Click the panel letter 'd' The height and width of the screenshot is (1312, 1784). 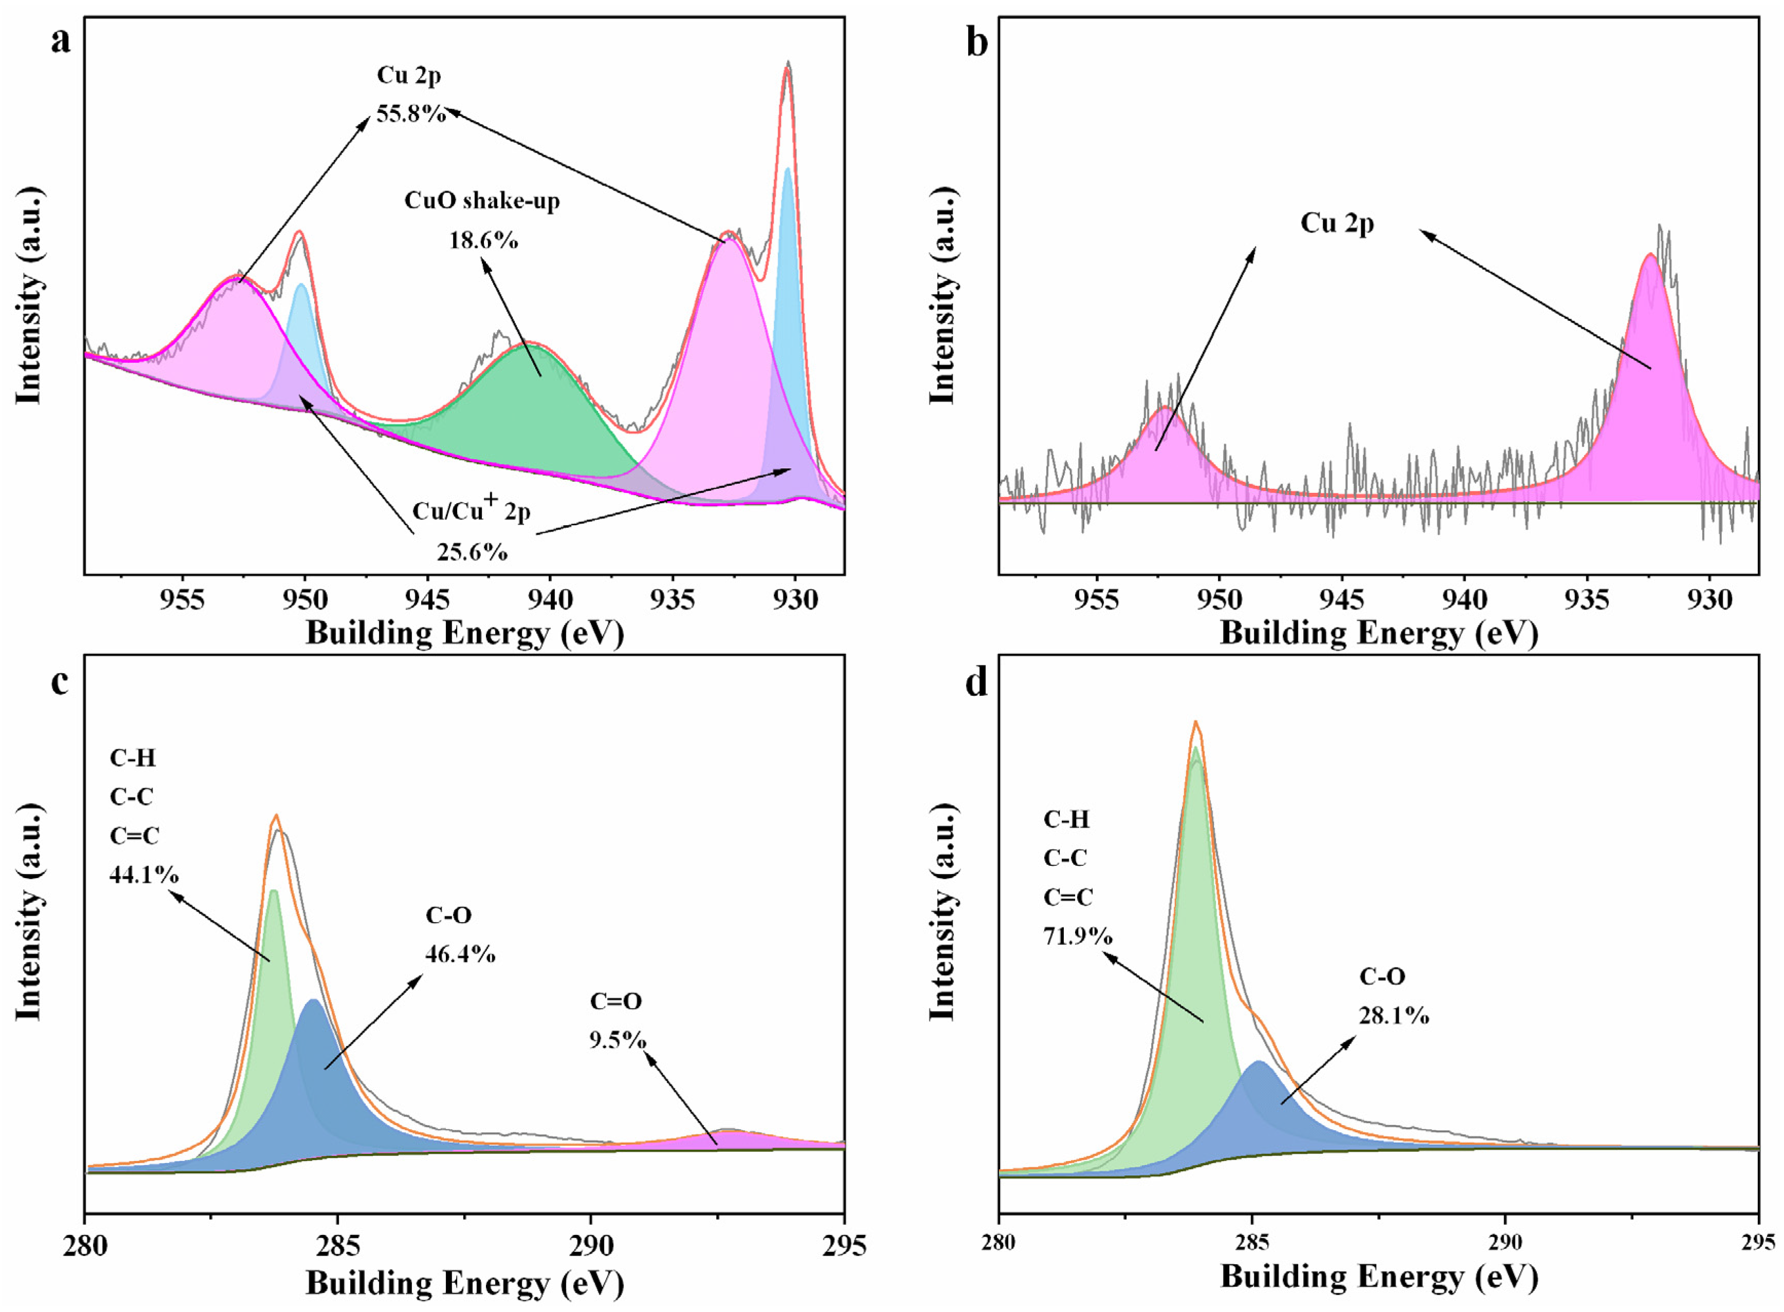click(x=976, y=682)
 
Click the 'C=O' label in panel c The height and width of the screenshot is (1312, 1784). click(x=615, y=1001)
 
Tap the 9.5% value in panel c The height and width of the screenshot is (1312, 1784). click(x=617, y=1040)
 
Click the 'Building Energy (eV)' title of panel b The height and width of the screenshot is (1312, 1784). click(x=1379, y=634)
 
